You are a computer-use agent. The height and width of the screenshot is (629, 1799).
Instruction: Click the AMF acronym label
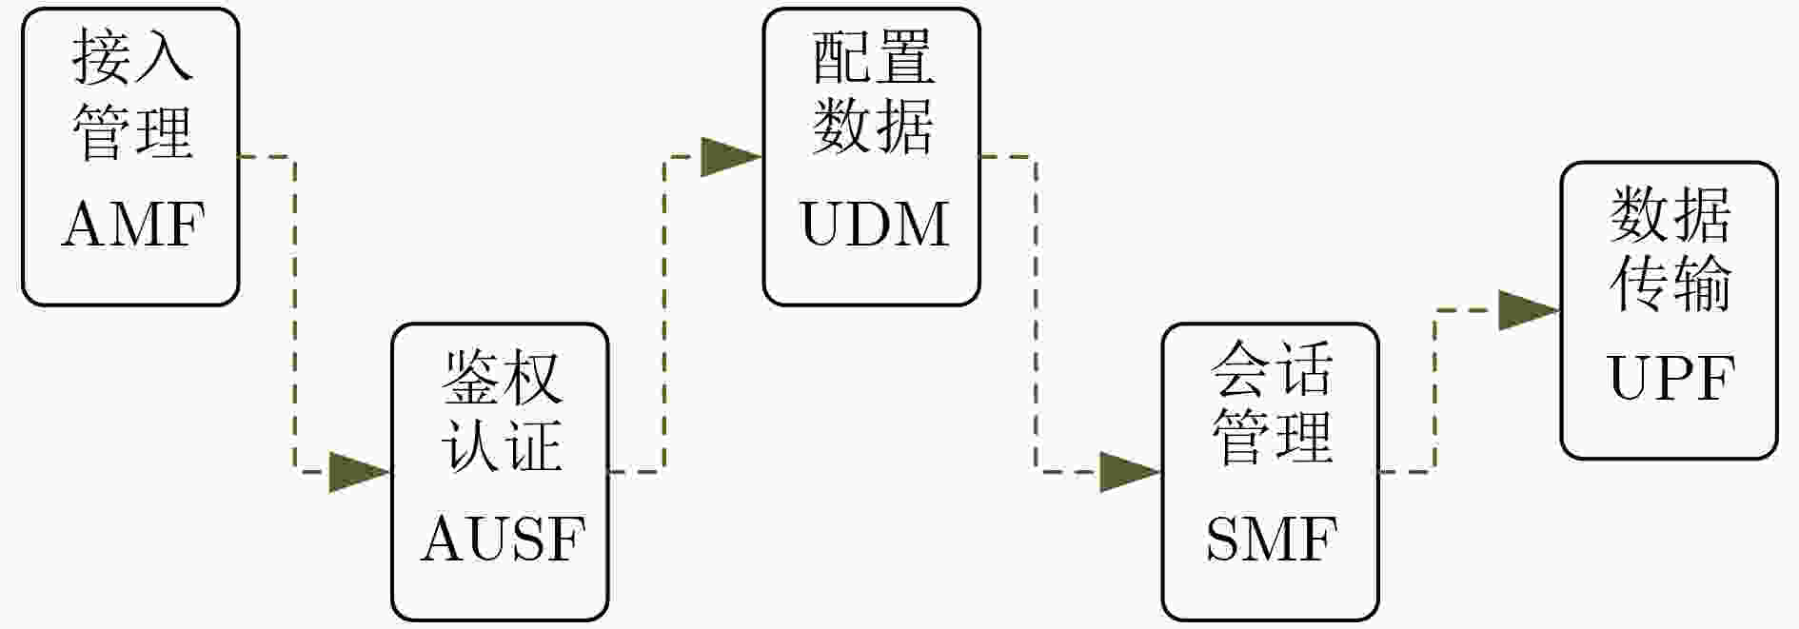click(133, 225)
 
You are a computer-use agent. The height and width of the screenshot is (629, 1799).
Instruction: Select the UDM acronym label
click(874, 225)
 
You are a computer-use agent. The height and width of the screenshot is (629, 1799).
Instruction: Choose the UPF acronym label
click(1671, 378)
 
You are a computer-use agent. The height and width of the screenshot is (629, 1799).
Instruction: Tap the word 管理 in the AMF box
click(132, 131)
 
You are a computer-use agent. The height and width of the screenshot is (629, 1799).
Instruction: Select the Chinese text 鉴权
click(502, 376)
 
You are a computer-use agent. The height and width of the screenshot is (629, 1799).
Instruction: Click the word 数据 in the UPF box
click(1670, 214)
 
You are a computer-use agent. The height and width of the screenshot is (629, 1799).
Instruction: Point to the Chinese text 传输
click(1670, 283)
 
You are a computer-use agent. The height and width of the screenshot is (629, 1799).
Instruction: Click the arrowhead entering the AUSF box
click(360, 471)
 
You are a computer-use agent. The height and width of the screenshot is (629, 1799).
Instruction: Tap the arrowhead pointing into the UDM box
click(731, 156)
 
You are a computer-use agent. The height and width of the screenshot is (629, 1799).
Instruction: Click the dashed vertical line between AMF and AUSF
click(295, 314)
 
